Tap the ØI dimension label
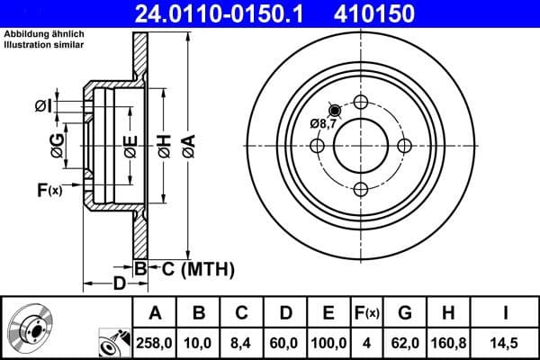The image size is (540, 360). click(43, 106)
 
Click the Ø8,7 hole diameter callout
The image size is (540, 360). click(323, 123)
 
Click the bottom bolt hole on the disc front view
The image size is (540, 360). click(361, 189)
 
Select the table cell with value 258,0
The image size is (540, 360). click(155, 343)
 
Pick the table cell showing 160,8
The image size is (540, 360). click(448, 343)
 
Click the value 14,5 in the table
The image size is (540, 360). click(505, 343)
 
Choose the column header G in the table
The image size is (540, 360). click(404, 313)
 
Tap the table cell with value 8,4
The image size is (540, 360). click(242, 343)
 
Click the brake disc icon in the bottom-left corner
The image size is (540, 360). click(32, 329)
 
